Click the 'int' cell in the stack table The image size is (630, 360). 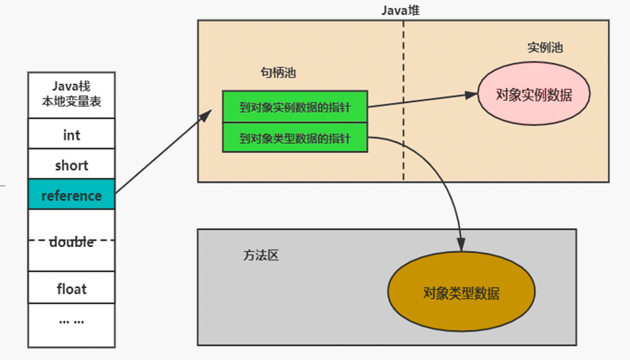71,134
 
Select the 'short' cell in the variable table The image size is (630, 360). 71,165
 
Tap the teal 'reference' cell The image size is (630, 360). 71,196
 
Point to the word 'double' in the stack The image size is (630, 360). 71,242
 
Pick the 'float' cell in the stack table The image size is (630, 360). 71,288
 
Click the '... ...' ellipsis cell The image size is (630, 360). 71,320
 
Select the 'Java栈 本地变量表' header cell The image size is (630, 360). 71,94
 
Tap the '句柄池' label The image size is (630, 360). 278,72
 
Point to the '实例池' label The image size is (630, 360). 545,47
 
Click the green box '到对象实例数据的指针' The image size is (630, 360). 295,107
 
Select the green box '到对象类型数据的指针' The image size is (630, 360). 295,138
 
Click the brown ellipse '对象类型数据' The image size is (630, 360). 461,294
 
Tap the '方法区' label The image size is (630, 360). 260,255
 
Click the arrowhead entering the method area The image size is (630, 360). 462,245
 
